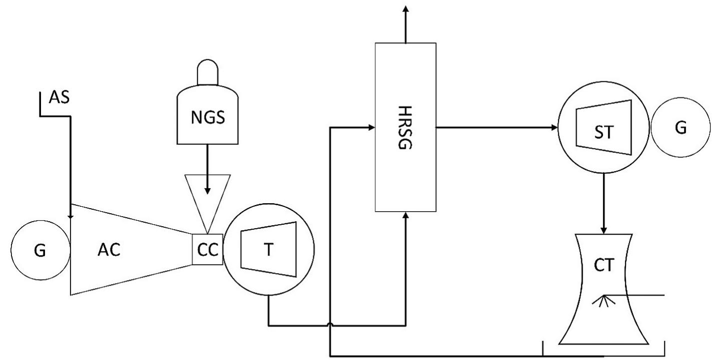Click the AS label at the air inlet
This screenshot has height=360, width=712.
[x=59, y=98]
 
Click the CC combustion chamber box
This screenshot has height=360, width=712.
[x=207, y=249]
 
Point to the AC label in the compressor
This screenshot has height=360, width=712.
[x=109, y=250]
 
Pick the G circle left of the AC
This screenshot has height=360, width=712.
[x=39, y=250]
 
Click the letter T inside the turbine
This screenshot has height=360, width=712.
[x=269, y=250]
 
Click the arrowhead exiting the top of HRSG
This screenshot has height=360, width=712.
[x=405, y=8]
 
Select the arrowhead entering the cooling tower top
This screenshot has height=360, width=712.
[x=604, y=230]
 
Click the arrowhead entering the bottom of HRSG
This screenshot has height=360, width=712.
[x=405, y=215]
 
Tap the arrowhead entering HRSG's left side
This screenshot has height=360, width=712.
[x=371, y=128]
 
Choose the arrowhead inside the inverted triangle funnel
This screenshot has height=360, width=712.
[x=207, y=191]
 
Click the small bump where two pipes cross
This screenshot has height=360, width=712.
[x=331, y=326]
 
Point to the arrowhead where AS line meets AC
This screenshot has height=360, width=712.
[x=70, y=216]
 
